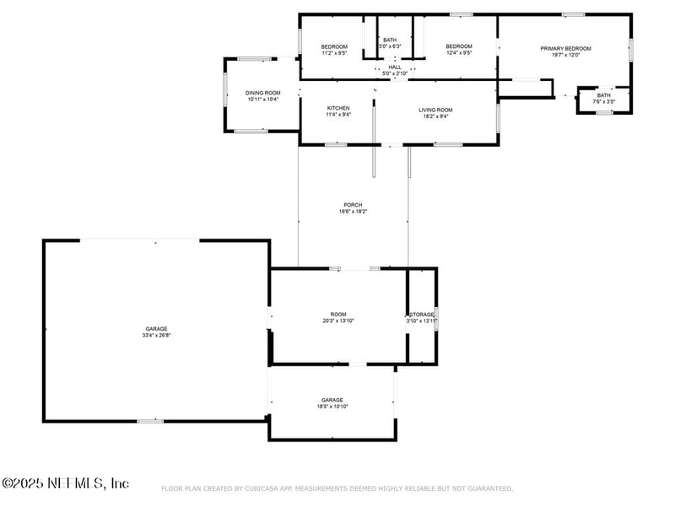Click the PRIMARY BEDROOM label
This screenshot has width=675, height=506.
point(565,48)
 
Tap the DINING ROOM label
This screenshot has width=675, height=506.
point(262,93)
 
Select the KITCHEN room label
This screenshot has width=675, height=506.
point(338,109)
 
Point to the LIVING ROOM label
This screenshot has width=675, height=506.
point(435,110)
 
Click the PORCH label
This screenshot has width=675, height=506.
point(353,205)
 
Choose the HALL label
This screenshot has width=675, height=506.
point(395,67)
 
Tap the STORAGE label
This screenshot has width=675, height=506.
point(422,315)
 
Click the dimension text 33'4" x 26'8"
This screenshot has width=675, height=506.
point(155,336)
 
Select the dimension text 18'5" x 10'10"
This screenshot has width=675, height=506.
point(332,406)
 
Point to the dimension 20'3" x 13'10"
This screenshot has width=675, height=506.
point(337,320)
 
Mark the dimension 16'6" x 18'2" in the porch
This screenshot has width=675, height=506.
point(353,212)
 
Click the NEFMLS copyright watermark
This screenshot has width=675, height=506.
point(65,483)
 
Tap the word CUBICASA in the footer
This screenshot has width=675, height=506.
point(262,488)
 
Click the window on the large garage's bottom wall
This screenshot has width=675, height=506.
point(150,421)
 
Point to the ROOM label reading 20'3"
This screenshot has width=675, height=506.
point(337,314)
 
